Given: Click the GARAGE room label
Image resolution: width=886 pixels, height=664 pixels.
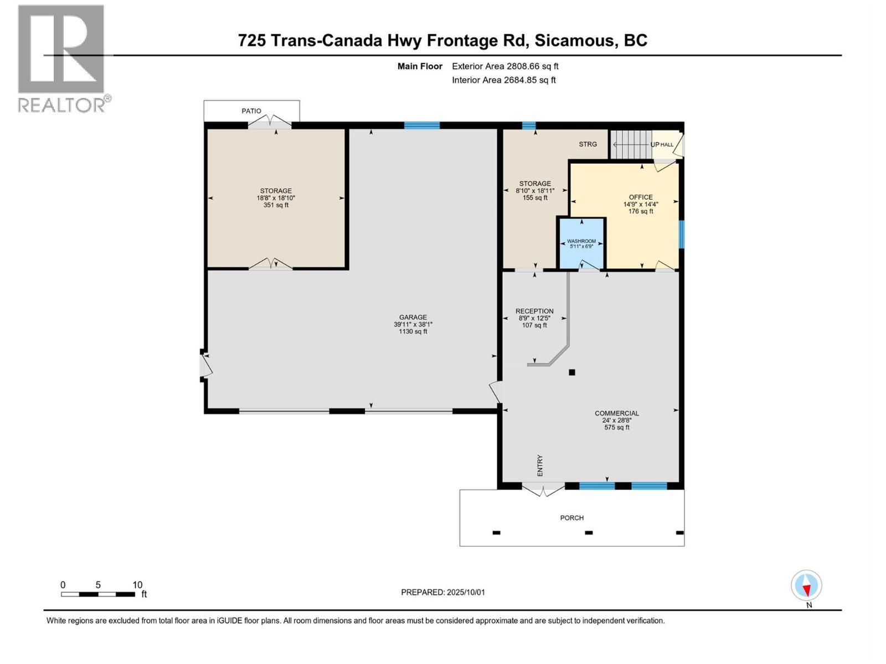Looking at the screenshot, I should click(x=413, y=318).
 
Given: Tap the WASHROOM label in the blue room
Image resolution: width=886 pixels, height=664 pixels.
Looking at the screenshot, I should click(x=581, y=241).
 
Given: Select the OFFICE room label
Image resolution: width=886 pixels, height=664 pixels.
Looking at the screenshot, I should click(x=641, y=197).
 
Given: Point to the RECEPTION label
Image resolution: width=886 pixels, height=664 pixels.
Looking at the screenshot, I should click(x=534, y=311).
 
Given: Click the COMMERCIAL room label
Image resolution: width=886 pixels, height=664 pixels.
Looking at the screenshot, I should click(x=617, y=413).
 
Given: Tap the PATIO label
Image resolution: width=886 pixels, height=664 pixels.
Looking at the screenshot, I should click(x=251, y=111).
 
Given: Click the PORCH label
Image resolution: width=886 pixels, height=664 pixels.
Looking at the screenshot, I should click(x=572, y=518).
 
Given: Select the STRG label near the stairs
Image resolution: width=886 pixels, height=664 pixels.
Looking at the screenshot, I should click(x=588, y=144).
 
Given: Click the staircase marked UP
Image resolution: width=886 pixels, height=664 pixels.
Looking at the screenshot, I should click(x=630, y=144).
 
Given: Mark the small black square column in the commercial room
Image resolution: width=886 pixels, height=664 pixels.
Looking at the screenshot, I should click(x=572, y=372).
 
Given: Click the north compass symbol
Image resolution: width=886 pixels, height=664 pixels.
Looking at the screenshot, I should click(x=806, y=586).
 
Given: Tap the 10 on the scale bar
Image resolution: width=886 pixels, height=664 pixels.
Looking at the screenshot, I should click(x=137, y=585).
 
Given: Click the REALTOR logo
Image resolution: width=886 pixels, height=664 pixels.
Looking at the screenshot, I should click(x=61, y=58).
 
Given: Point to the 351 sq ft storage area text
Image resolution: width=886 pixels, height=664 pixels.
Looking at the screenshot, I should click(x=276, y=205).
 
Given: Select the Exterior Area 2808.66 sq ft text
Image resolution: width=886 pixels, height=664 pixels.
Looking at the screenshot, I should click(x=505, y=66).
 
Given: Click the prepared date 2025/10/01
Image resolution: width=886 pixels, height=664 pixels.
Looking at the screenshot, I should click(x=465, y=592).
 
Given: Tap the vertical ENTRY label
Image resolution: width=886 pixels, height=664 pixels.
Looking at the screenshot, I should click(x=540, y=465).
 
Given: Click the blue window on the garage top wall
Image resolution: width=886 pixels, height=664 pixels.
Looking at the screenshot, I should click(x=422, y=126).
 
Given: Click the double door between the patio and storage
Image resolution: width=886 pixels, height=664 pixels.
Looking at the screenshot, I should click(x=270, y=122).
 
